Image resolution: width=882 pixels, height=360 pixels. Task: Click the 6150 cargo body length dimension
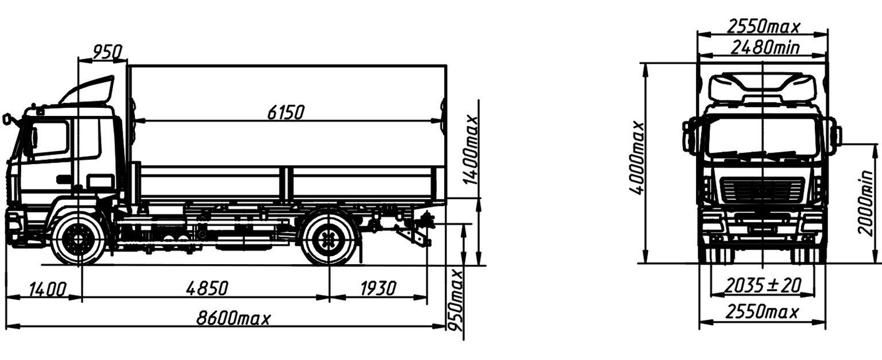coord(286,113)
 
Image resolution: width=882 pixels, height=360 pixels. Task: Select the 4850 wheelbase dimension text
coord(207,288)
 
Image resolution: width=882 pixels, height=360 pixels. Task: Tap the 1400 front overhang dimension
coord(48,289)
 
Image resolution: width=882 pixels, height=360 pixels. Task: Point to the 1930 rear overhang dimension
coord(378,289)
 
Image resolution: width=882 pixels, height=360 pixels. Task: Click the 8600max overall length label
coord(234,318)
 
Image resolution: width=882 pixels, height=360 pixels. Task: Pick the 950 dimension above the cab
coord(107,52)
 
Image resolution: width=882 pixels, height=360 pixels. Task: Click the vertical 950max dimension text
coord(456,300)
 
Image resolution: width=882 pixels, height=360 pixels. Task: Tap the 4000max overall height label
coord(637,158)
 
